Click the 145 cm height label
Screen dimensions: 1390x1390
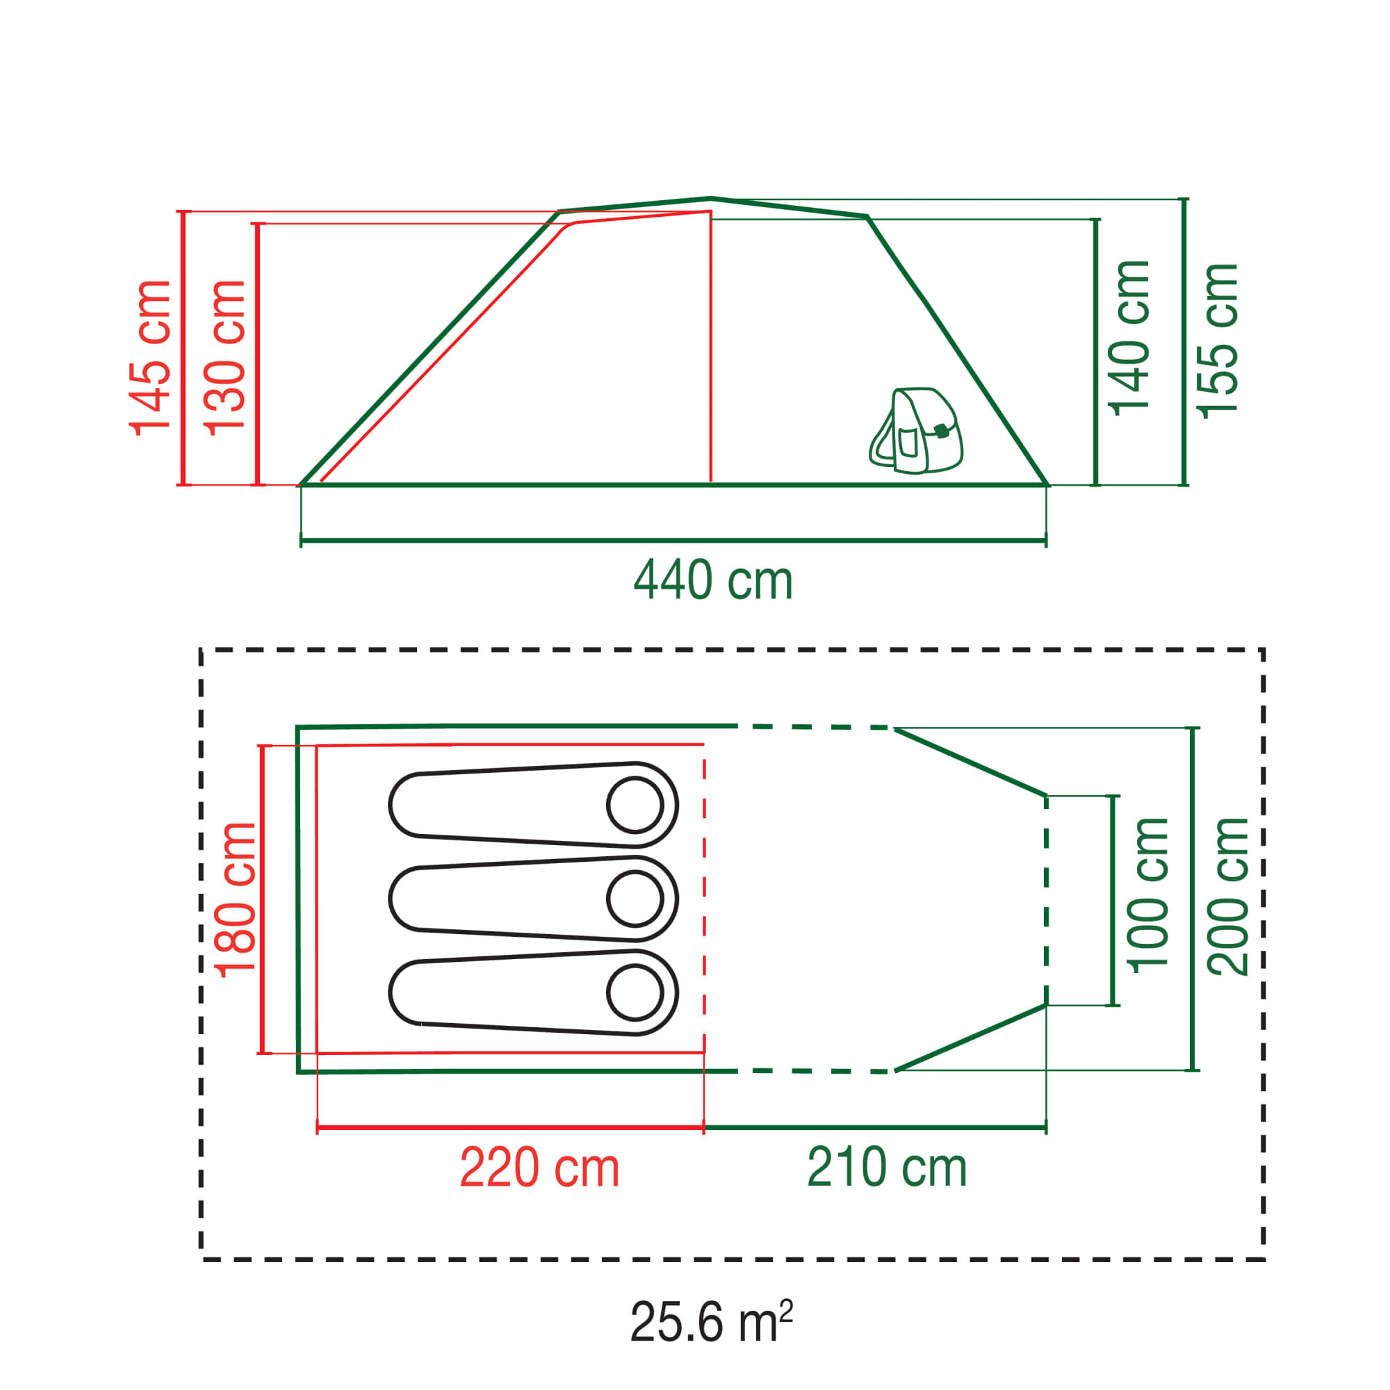click(x=150, y=357)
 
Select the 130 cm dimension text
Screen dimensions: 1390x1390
click(x=225, y=357)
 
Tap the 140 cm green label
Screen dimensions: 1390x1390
click(x=1130, y=338)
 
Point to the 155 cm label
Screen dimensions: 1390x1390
click(x=1218, y=341)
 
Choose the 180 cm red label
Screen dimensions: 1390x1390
click(x=236, y=899)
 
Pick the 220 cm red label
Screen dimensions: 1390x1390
click(x=539, y=1167)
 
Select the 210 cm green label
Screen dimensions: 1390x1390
click(x=887, y=1167)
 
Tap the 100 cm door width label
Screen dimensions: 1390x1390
click(x=1149, y=896)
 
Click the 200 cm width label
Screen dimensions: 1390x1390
click(x=1229, y=897)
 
